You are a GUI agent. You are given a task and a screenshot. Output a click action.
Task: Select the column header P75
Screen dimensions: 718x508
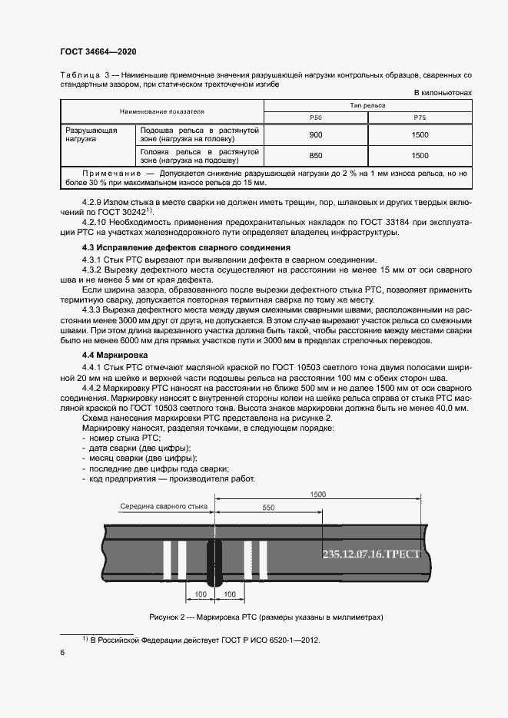pos(420,117)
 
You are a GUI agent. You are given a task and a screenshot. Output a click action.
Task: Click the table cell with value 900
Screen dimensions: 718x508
pos(315,135)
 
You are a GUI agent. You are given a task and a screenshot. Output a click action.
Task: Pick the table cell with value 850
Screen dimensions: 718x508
pos(315,155)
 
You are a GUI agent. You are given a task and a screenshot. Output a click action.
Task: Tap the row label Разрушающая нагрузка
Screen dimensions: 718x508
pos(91,136)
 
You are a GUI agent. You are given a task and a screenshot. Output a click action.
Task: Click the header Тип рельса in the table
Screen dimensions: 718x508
pos(367,105)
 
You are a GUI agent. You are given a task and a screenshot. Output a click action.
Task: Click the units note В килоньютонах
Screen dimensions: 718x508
pos(442,93)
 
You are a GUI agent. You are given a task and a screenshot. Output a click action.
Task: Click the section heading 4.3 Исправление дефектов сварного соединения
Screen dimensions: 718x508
pos(186,247)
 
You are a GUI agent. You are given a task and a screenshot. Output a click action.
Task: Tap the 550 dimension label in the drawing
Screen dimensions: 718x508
pos(267,508)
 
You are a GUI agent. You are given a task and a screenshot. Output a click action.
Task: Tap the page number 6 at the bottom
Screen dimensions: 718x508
pos(62,652)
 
